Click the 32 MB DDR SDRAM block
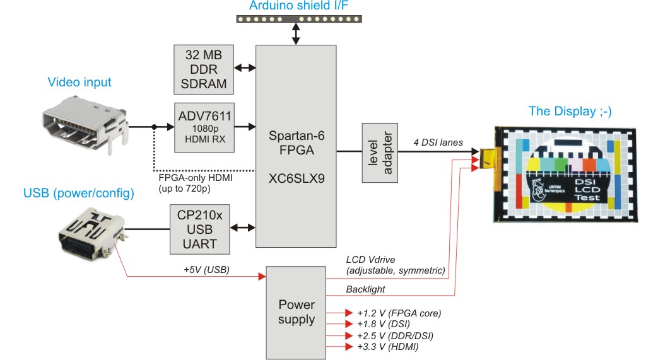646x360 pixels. click(203, 67)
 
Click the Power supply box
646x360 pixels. click(297, 311)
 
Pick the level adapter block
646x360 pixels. click(382, 152)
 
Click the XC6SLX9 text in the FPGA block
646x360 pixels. click(295, 178)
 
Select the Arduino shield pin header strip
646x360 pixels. click(298, 19)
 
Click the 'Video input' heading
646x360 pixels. click(79, 82)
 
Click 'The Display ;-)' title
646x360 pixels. click(570, 112)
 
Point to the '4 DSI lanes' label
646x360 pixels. click(438, 143)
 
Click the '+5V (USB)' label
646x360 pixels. click(207, 269)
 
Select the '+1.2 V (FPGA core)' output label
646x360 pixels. click(399, 313)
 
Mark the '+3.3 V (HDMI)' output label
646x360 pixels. click(388, 347)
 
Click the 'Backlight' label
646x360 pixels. click(367, 289)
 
